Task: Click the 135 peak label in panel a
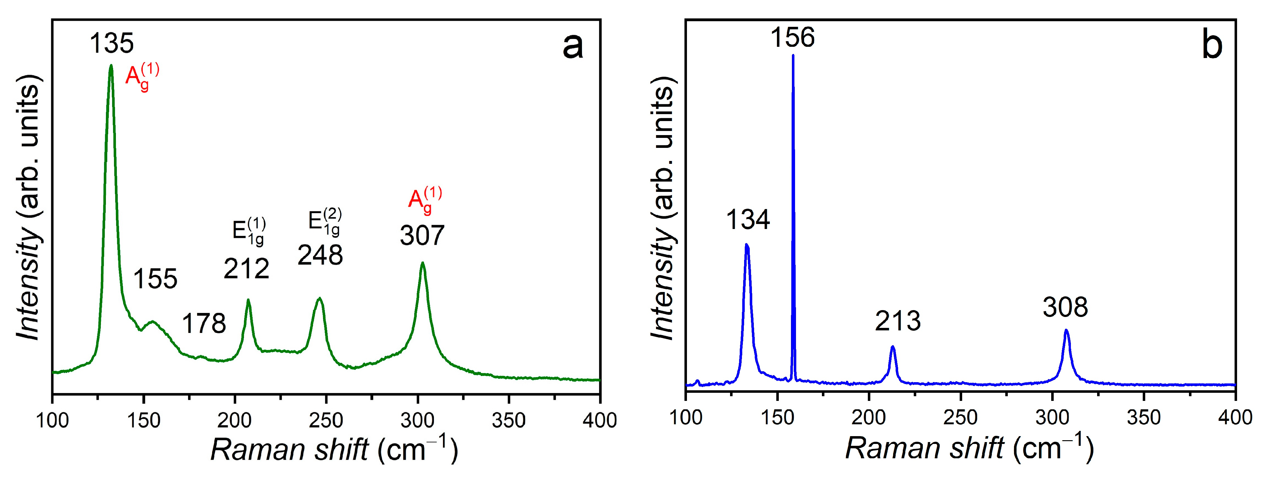pos(111,43)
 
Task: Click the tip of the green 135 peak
pos(111,66)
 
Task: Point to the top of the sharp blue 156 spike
pos(793,55)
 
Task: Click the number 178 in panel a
pos(204,323)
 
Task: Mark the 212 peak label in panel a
pos(246,268)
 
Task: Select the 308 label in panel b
pos(1065,307)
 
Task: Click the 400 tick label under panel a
pos(599,420)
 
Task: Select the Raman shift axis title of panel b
pos(969,448)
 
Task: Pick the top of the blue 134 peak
pos(746,244)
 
